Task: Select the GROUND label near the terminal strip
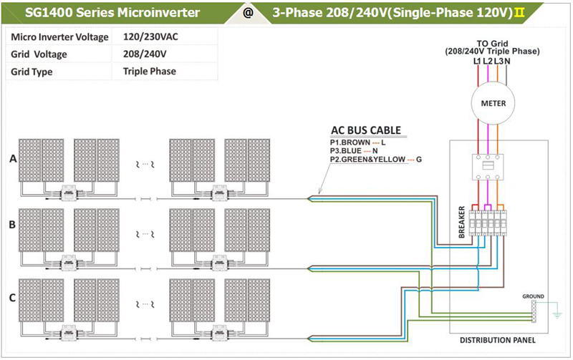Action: point(532,295)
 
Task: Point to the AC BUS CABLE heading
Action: point(365,131)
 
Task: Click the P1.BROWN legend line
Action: point(357,142)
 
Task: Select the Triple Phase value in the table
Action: point(149,72)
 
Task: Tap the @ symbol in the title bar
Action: point(248,13)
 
